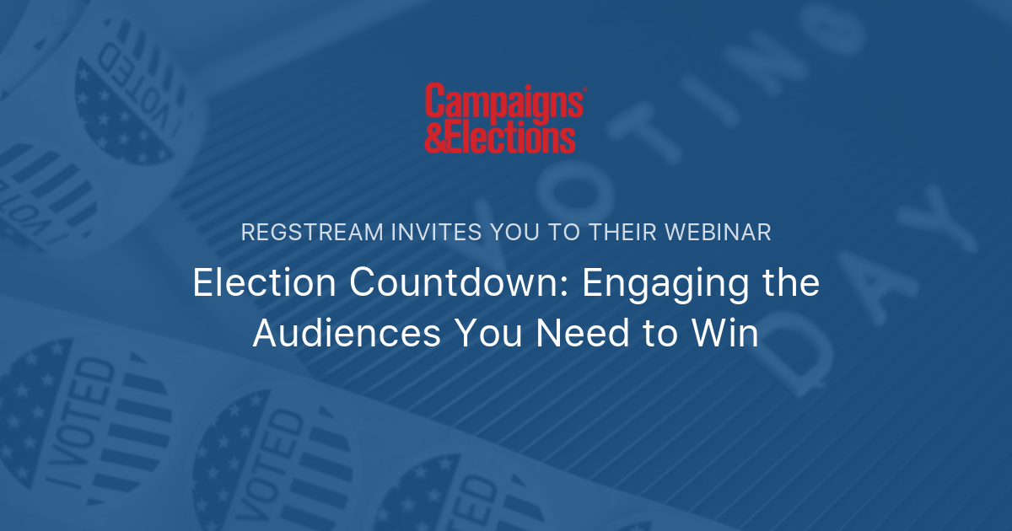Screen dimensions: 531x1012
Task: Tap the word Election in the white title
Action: (x=265, y=283)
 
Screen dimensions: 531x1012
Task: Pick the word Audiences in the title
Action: (x=347, y=334)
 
